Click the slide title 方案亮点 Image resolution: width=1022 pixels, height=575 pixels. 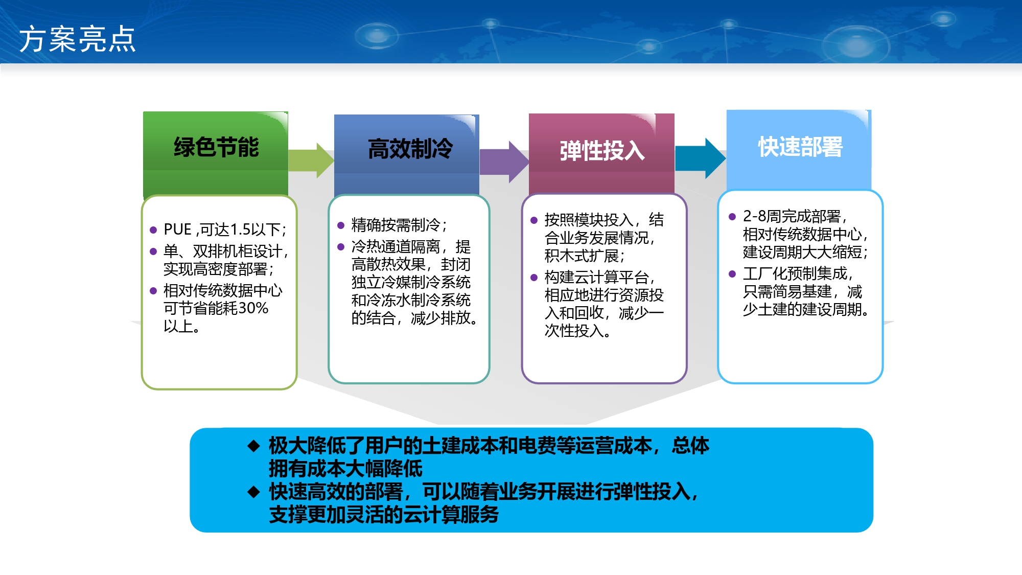coord(77,39)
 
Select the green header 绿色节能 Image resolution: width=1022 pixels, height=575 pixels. coord(216,148)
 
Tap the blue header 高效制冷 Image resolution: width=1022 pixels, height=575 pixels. coord(410,149)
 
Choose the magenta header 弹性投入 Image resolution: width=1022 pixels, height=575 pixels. coord(602,151)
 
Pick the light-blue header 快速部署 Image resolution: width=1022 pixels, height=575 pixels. coord(800,147)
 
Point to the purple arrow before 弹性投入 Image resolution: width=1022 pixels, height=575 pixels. coord(504,162)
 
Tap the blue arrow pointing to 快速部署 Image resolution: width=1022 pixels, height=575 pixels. coord(701,158)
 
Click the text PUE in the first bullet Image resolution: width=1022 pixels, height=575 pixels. coord(177,229)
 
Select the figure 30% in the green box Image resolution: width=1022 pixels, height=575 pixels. coord(253,308)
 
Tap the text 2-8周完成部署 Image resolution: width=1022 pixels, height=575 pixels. coord(792,216)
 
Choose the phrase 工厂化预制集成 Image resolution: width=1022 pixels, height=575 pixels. coord(795,273)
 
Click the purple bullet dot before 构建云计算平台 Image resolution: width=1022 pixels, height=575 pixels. coord(534,278)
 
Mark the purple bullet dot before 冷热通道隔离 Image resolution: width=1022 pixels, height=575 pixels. coord(341,247)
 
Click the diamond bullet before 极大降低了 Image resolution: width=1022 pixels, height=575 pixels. coord(254,446)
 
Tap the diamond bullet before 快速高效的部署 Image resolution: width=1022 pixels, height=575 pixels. coord(254,492)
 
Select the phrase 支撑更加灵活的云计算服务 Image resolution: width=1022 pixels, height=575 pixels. coord(384,515)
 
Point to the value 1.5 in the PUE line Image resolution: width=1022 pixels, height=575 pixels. coord(240,229)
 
